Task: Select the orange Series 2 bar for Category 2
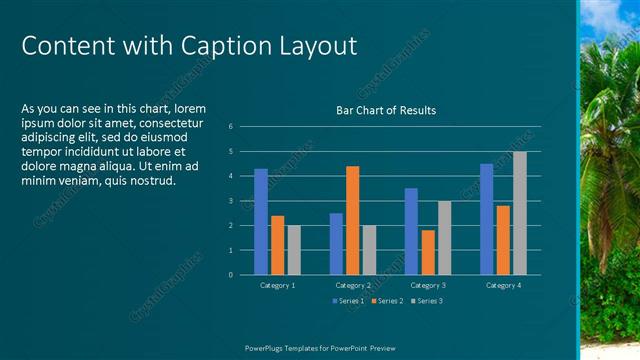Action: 352,220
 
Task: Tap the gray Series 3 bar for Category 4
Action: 520,213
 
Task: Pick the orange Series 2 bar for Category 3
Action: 428,252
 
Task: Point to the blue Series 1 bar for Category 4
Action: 486,219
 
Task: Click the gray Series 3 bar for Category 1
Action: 294,250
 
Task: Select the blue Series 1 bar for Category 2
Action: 336,244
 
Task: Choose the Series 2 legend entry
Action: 387,301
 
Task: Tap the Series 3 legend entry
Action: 427,301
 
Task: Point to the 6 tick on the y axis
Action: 230,127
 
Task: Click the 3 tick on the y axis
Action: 230,201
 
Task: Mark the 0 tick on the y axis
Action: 230,275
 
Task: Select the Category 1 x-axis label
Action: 277,286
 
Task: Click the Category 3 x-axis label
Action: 428,286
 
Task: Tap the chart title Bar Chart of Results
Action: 385,110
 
